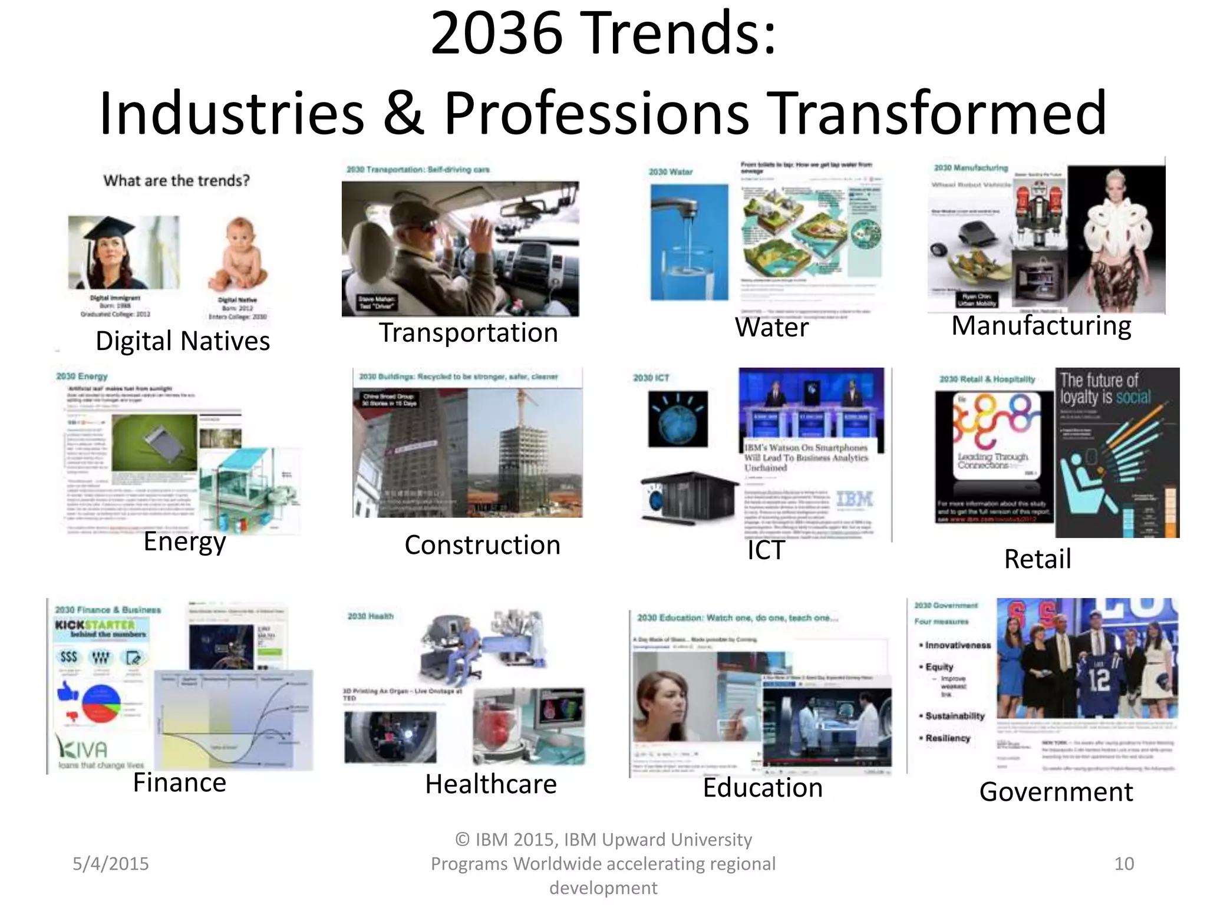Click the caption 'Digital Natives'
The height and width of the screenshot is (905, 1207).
[183, 341]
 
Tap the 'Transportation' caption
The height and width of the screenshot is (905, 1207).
[468, 333]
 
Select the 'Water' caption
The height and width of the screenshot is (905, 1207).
[771, 327]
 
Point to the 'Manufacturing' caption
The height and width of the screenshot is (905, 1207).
[1041, 326]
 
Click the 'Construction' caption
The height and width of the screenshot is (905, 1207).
[482, 545]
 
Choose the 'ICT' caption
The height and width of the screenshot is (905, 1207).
[766, 550]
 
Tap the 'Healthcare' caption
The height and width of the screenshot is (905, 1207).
[491, 784]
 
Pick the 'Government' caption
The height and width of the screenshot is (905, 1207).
[1056, 792]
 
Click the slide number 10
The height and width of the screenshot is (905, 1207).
[1124, 864]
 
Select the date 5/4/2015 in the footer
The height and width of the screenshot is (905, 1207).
[111, 864]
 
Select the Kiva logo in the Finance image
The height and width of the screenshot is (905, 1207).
[83, 749]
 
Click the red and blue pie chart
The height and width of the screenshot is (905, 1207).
[101, 703]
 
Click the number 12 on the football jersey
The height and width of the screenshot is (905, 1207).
[1099, 679]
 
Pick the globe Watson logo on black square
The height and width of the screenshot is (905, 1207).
[678, 419]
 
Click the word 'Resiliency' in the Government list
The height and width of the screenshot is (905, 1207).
[947, 738]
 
